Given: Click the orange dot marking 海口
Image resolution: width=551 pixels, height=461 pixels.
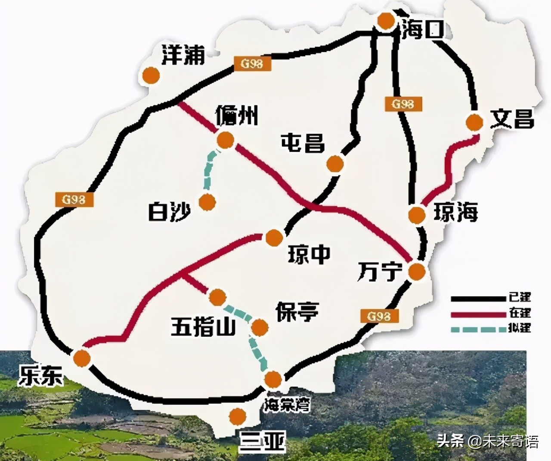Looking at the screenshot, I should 384,20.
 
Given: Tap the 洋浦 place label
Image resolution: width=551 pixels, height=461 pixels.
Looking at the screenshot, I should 183,55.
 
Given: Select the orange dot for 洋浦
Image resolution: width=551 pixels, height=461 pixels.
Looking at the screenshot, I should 151,75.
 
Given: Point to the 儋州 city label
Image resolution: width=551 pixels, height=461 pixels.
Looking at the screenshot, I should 237,115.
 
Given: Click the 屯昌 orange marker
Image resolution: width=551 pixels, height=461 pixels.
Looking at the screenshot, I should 335,163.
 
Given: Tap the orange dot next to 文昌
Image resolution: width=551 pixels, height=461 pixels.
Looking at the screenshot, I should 474,122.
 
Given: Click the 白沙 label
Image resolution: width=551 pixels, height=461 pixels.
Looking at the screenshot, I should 169,211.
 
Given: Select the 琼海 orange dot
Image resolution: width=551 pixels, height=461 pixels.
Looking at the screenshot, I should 416,215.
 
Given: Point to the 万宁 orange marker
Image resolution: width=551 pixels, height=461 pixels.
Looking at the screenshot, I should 416,272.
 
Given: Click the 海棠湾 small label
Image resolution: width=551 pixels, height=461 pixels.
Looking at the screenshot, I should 287,405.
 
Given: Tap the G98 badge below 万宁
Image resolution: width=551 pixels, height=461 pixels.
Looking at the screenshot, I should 379,316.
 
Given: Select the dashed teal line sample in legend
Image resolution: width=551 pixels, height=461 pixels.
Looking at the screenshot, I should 478,330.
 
